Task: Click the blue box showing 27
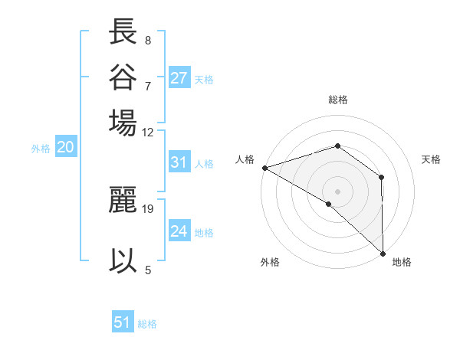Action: (179, 78)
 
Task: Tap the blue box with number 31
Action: (179, 162)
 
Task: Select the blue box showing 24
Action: (179, 231)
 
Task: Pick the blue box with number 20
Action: (65, 148)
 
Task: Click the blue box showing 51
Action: (123, 322)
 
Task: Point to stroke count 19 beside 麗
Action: (149, 208)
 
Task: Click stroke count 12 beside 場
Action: (148, 132)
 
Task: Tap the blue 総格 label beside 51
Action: (147, 324)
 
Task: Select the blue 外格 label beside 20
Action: (41, 149)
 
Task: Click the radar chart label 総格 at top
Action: (338, 100)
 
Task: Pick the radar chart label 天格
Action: (432, 159)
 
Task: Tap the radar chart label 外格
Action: (270, 262)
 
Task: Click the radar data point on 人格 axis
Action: (264, 167)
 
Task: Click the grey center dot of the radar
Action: (337, 191)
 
